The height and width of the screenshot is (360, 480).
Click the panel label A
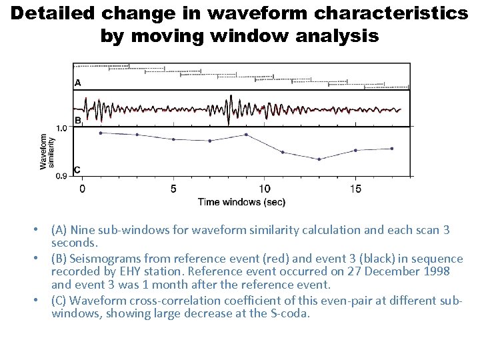[x=78, y=83]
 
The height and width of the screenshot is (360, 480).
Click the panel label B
[x=78, y=121]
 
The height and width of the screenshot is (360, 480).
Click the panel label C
[x=78, y=170]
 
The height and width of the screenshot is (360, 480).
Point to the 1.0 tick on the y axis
[x=61, y=127]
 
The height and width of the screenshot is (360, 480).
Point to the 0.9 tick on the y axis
[x=61, y=176]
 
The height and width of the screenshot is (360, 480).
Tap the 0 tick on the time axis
[x=82, y=189]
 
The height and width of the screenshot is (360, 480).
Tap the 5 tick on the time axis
[x=173, y=189]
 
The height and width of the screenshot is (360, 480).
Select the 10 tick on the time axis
[x=265, y=189]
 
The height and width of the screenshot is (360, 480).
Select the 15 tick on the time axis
[x=356, y=189]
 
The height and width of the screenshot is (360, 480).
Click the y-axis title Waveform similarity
[x=48, y=152]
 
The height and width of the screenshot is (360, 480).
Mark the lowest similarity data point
[x=319, y=159]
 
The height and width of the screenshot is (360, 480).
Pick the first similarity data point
[x=101, y=133]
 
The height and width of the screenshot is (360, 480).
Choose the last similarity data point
[x=392, y=148]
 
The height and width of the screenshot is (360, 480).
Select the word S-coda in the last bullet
[x=292, y=312]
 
